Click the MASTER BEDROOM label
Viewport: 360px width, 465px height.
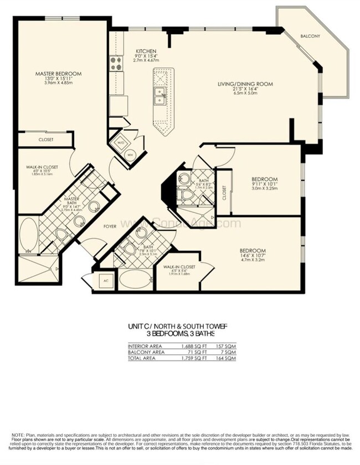(58, 74)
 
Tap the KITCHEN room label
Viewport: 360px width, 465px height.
(146, 51)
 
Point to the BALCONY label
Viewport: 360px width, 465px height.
(310, 36)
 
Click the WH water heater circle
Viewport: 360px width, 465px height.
(131, 154)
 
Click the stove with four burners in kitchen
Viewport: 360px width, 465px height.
(116, 64)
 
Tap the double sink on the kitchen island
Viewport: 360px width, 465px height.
(160, 96)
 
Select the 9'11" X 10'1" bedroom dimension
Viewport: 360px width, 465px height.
(264, 186)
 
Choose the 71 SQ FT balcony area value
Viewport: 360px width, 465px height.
(196, 353)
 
